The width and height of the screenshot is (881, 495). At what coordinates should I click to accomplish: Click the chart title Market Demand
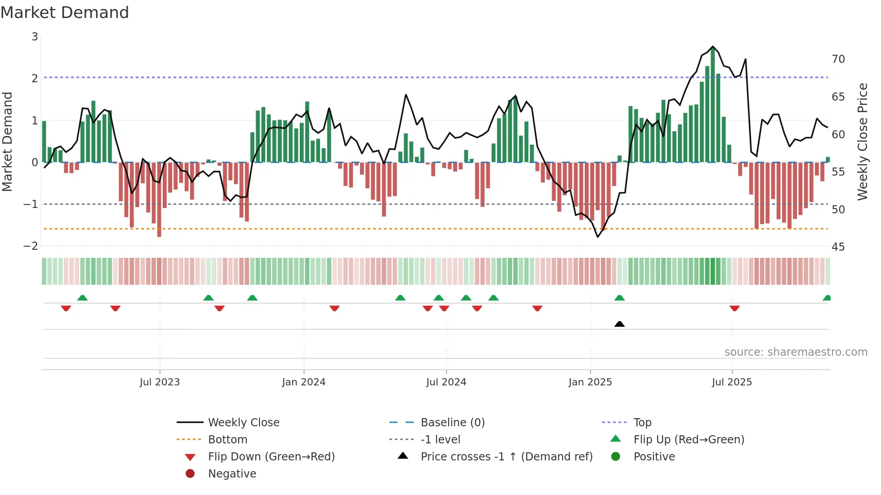pyautogui.click(x=65, y=13)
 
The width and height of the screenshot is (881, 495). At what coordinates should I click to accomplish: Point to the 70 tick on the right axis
pyautogui.click(x=838, y=59)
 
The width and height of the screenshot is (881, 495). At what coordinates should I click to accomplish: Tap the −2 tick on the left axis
pyautogui.click(x=31, y=246)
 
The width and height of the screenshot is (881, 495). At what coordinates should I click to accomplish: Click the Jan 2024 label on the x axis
pyautogui.click(x=303, y=382)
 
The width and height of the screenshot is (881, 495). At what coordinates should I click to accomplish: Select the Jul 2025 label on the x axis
pyautogui.click(x=731, y=382)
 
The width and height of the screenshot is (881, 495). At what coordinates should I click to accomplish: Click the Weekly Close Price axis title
pyautogui.click(x=862, y=141)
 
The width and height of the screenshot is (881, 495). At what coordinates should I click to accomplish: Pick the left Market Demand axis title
pyautogui.click(x=8, y=141)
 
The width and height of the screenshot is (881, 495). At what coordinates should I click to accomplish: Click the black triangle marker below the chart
pyautogui.click(x=619, y=324)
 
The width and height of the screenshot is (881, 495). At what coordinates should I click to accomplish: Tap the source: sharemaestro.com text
pyautogui.click(x=796, y=352)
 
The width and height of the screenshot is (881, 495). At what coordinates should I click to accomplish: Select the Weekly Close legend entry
pyautogui.click(x=243, y=423)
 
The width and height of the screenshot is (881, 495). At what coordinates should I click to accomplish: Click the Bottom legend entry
pyautogui.click(x=227, y=440)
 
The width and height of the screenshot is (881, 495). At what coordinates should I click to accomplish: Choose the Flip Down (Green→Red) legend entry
pyautogui.click(x=271, y=457)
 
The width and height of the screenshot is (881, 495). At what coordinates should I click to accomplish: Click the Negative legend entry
pyautogui.click(x=232, y=474)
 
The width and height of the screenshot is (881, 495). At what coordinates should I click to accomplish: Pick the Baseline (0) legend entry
pyautogui.click(x=452, y=423)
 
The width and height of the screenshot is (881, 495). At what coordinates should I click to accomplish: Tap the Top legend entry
pyautogui.click(x=642, y=423)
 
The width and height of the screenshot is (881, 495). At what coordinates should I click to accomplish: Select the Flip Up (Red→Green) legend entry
pyautogui.click(x=689, y=440)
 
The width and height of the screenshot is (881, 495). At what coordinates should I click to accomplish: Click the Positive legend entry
pyautogui.click(x=654, y=457)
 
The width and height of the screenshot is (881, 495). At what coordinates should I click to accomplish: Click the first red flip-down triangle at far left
pyautogui.click(x=66, y=308)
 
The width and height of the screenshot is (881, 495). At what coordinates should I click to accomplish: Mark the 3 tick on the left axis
pyautogui.click(x=35, y=37)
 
